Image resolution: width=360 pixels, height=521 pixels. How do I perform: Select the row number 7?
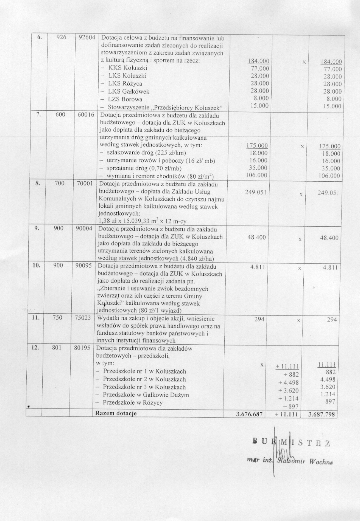pyautogui.click(x=39, y=115)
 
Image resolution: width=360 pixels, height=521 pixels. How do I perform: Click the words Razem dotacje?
pyautogui.click(x=116, y=413)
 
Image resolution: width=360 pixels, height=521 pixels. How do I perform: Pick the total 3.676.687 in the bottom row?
pyautogui.click(x=249, y=414)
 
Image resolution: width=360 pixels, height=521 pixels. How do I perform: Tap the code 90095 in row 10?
pyautogui.click(x=83, y=267)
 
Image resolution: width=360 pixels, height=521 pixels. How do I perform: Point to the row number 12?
pyautogui.click(x=36, y=348)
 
